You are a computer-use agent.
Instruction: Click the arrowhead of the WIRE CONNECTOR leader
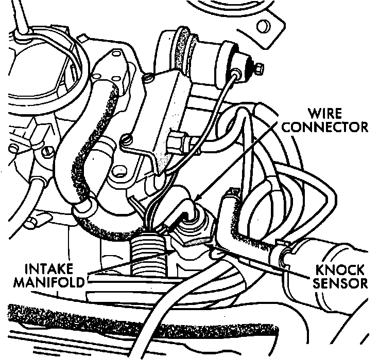coord(196,200)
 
